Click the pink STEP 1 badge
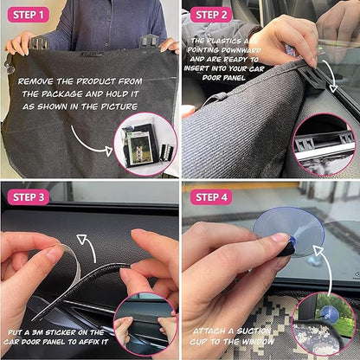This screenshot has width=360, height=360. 29,15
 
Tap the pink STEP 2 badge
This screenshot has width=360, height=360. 211,15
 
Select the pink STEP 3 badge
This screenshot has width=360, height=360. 29,197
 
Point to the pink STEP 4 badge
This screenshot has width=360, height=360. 211,197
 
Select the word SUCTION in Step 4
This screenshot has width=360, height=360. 254,331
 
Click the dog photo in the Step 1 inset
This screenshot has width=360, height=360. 140,148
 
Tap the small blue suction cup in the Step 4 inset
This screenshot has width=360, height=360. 330,313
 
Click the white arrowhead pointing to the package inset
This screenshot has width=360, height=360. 108,151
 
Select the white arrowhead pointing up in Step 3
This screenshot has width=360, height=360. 82,240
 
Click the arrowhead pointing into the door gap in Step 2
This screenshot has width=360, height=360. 333,87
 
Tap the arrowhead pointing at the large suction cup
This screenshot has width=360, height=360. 318,250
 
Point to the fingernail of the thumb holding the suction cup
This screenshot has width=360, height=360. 280,237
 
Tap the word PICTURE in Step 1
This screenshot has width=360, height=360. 119,106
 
